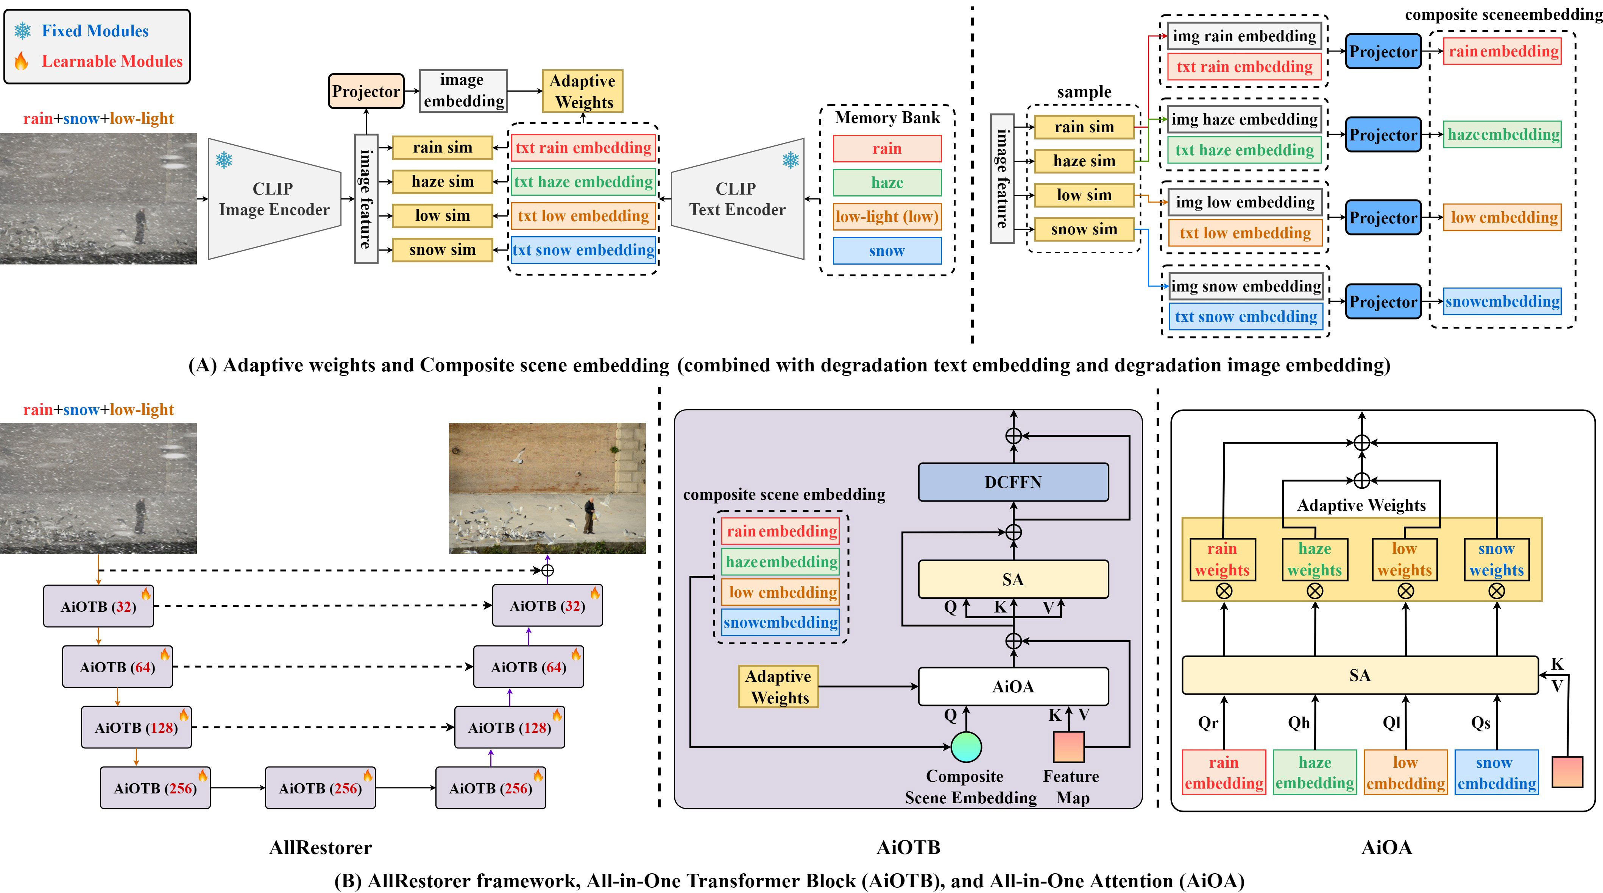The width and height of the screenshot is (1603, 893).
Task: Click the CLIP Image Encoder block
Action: click(x=274, y=199)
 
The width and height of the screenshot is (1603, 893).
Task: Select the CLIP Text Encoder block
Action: click(x=738, y=199)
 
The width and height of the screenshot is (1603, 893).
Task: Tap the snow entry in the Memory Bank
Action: click(x=887, y=251)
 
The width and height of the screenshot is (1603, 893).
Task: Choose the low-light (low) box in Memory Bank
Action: click(x=887, y=217)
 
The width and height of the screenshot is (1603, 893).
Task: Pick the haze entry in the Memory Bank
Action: click(x=887, y=182)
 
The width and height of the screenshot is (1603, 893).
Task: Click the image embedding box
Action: click(x=464, y=90)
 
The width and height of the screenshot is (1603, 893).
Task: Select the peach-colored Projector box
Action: click(x=366, y=91)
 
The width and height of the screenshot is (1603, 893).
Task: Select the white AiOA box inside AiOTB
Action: click(x=1013, y=686)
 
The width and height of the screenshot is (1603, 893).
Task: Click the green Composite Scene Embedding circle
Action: click(x=966, y=747)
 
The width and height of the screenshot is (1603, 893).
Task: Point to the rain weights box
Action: click(x=1222, y=559)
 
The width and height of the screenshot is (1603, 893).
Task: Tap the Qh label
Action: click(x=1299, y=723)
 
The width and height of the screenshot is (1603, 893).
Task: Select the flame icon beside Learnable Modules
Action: click(x=22, y=61)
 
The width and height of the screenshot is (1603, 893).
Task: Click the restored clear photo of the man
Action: click(x=547, y=488)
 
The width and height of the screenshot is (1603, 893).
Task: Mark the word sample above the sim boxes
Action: click(x=1084, y=92)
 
